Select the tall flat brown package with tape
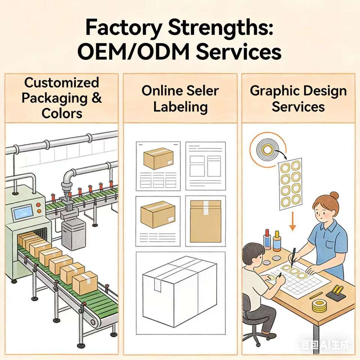[205, 221]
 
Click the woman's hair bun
[334, 196]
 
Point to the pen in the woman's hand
[294, 255]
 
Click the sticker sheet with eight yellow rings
[291, 184]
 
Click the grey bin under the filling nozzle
[73, 234]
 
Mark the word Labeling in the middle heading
[180, 107]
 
